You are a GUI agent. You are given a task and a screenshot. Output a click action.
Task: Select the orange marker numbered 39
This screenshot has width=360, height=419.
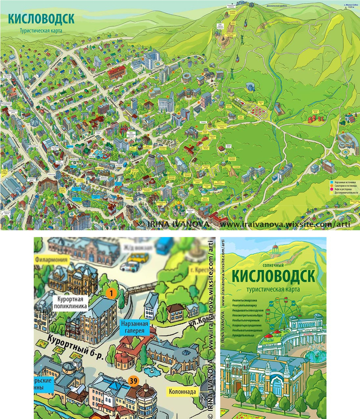(134, 381)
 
